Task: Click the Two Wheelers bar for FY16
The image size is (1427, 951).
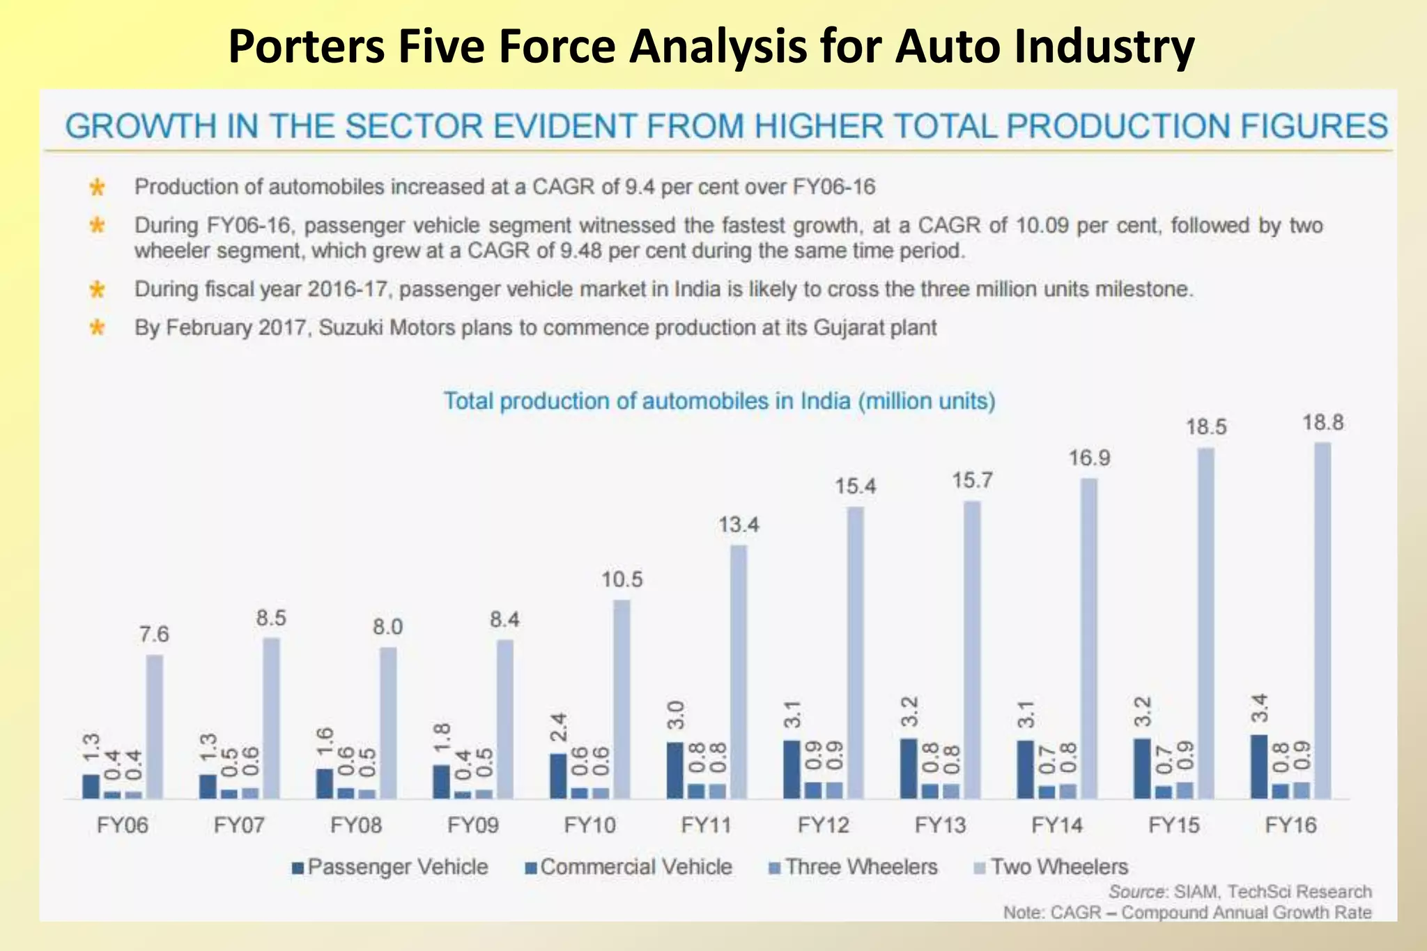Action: (1322, 620)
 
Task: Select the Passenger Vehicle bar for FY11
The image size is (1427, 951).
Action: (674, 770)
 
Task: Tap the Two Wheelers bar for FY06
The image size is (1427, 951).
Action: (154, 726)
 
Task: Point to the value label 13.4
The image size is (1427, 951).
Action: (739, 525)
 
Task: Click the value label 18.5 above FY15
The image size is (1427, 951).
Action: (1206, 427)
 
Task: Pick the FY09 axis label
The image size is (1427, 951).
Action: (473, 826)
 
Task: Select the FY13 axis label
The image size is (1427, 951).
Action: (941, 826)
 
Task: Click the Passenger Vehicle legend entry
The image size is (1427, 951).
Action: (390, 867)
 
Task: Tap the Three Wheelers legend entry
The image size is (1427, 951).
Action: (854, 867)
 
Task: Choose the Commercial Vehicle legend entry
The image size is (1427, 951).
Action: (628, 867)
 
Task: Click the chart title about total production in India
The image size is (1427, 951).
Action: (719, 401)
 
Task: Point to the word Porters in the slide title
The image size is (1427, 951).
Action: (307, 47)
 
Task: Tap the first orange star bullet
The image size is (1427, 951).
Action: (97, 187)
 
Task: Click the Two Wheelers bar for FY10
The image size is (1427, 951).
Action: (622, 699)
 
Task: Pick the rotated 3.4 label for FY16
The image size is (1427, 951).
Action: (1259, 709)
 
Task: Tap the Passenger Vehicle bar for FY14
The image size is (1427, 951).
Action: (1025, 769)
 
